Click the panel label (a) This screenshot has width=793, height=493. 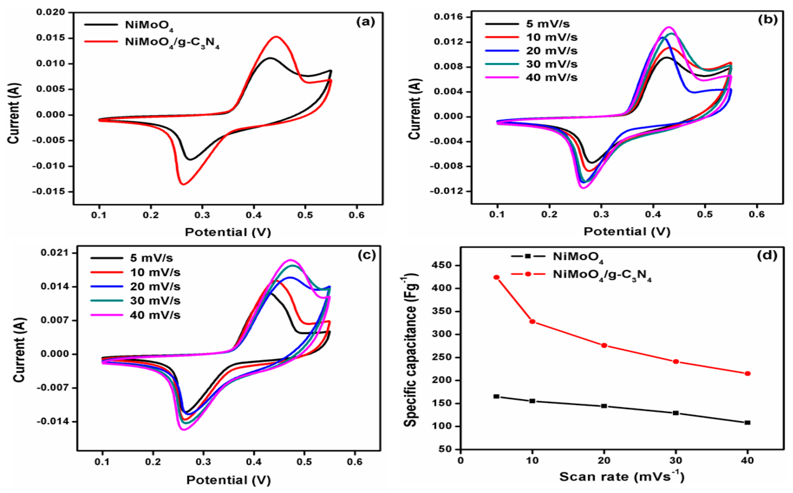(366, 22)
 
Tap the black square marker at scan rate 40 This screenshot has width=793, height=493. (747, 423)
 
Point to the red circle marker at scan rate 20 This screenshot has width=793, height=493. (604, 346)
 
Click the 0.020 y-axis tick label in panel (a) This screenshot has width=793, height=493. (51, 12)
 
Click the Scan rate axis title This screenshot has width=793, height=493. (622, 477)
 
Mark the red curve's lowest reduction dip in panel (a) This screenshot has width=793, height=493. (183, 185)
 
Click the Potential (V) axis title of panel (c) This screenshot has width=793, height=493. (228, 480)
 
